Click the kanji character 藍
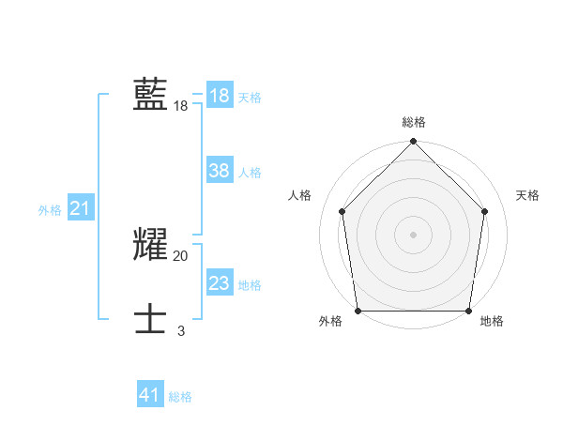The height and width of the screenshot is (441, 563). pos(150,95)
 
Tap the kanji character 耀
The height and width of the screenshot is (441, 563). pos(150,245)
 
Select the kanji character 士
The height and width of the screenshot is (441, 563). pos(150,320)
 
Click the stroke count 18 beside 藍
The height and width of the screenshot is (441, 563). pos(181,107)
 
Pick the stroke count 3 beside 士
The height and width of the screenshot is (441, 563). pos(181,331)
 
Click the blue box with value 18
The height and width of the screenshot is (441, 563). pos(220,96)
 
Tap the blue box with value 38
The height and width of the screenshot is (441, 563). pos(220,171)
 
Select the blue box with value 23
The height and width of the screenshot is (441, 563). pos(220,283)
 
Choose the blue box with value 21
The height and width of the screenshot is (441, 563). pos(80,208)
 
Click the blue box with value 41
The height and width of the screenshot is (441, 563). pos(150,395)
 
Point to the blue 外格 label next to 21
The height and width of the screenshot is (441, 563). pos(50,210)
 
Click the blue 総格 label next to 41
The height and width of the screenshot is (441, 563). pos(180,397)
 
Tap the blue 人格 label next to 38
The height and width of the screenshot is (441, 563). pos(250,173)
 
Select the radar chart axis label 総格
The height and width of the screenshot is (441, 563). pos(414,122)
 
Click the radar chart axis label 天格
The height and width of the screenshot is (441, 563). pos(528,195)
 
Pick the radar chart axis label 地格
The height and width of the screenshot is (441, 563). pos(492,321)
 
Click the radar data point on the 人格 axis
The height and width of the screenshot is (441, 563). pos(342,211)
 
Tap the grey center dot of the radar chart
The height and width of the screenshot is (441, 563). pos(414,234)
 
